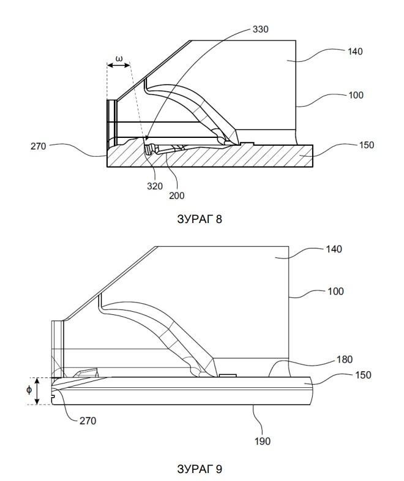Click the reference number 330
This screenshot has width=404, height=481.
pyautogui.click(x=260, y=29)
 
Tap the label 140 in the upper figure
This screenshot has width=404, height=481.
pyautogui.click(x=355, y=51)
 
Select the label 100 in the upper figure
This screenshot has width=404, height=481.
pyautogui.click(x=356, y=95)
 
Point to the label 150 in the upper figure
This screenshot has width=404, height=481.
pyautogui.click(x=366, y=145)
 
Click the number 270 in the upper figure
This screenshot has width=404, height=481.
pyautogui.click(x=39, y=146)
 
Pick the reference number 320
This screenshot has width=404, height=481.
pyautogui.click(x=155, y=186)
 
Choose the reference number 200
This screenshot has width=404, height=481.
pyautogui.click(x=177, y=195)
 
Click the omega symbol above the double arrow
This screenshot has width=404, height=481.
pyautogui.click(x=119, y=58)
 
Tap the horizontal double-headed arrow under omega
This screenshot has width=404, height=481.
pyautogui.click(x=119, y=66)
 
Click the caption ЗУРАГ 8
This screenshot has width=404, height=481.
pyautogui.click(x=200, y=219)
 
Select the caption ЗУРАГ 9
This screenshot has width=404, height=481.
pyautogui.click(x=200, y=469)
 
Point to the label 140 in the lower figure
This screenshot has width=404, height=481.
pyautogui.click(x=334, y=249)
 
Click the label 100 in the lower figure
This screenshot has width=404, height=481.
pyautogui.click(x=335, y=292)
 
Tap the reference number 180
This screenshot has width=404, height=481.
pyautogui.click(x=345, y=360)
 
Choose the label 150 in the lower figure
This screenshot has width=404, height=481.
pyautogui.click(x=363, y=375)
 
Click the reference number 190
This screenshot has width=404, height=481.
pyautogui.click(x=263, y=441)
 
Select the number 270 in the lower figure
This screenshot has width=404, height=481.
pyautogui.click(x=88, y=421)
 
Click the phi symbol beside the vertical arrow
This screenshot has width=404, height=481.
pyautogui.click(x=29, y=390)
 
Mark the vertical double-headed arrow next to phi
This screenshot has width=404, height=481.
pyautogui.click(x=37, y=391)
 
